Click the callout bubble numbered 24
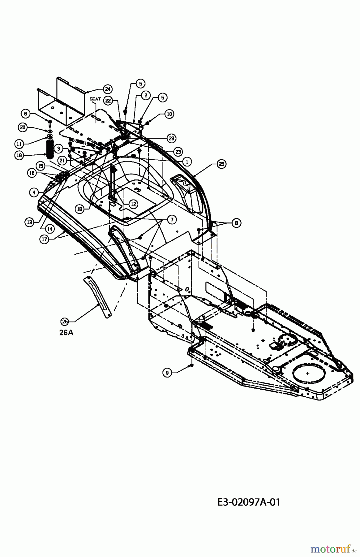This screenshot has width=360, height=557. (108, 89)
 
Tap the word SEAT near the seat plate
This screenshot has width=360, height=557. (95, 99)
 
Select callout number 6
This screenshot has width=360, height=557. (26, 114)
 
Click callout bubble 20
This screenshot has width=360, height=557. (23, 127)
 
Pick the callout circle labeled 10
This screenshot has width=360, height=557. (169, 114)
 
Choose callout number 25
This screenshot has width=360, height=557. (221, 164)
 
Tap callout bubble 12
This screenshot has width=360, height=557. (133, 204)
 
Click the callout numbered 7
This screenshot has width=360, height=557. (172, 220)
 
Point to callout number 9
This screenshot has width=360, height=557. (167, 373)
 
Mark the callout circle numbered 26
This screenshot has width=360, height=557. (65, 322)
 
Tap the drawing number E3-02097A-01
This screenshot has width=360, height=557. (249, 502)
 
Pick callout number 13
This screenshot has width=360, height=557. (30, 222)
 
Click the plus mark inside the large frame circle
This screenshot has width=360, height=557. (308, 374)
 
